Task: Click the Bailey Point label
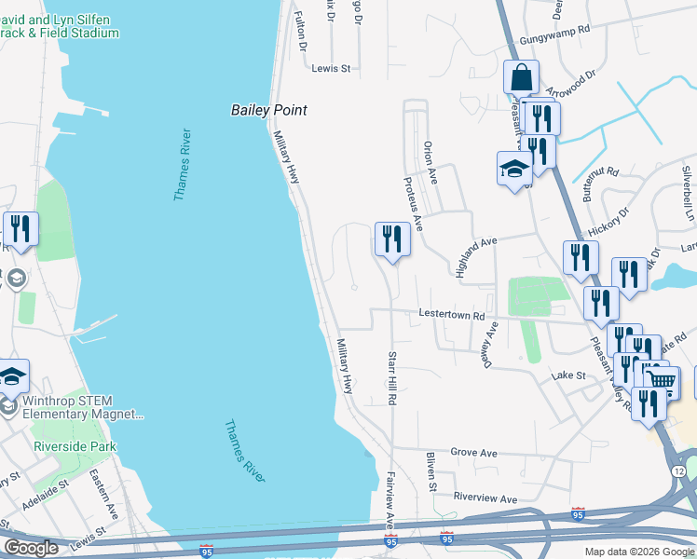point(269,110)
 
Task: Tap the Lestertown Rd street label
point(451,316)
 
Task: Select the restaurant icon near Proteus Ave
point(392,239)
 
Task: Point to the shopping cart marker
point(662,380)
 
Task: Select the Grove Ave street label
point(474,453)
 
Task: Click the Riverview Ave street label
point(484,499)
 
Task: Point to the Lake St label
point(567,375)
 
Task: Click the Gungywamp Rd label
point(556,30)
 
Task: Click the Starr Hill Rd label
point(392,378)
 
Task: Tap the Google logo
point(32,547)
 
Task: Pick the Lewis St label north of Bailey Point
point(331,68)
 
